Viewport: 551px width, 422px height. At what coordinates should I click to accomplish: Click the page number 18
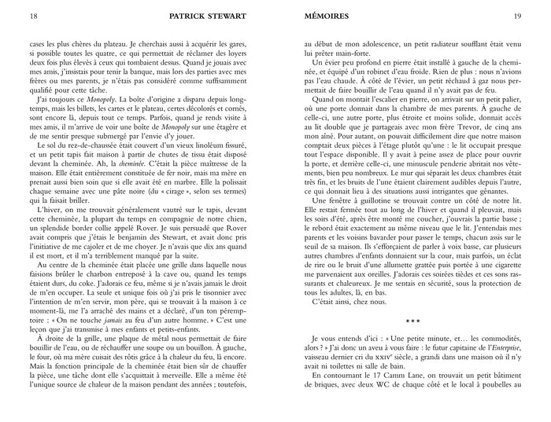click(x=32, y=16)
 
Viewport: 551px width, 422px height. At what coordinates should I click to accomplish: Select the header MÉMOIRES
click(x=327, y=16)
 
